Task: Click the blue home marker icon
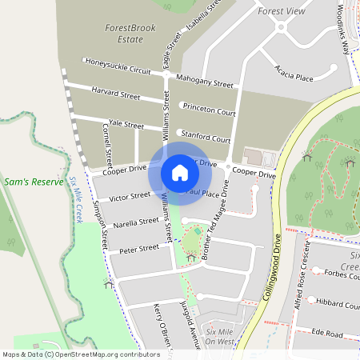(180, 172)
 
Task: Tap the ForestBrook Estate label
(129, 33)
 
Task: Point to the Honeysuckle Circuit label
(118, 66)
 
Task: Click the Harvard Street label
(116, 92)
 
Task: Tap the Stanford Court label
(206, 136)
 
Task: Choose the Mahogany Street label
(205, 82)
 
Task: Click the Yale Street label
(126, 125)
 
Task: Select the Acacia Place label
(293, 73)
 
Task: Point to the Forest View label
(282, 12)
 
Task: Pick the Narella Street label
(135, 222)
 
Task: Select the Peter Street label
(139, 250)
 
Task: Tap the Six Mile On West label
(219, 336)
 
